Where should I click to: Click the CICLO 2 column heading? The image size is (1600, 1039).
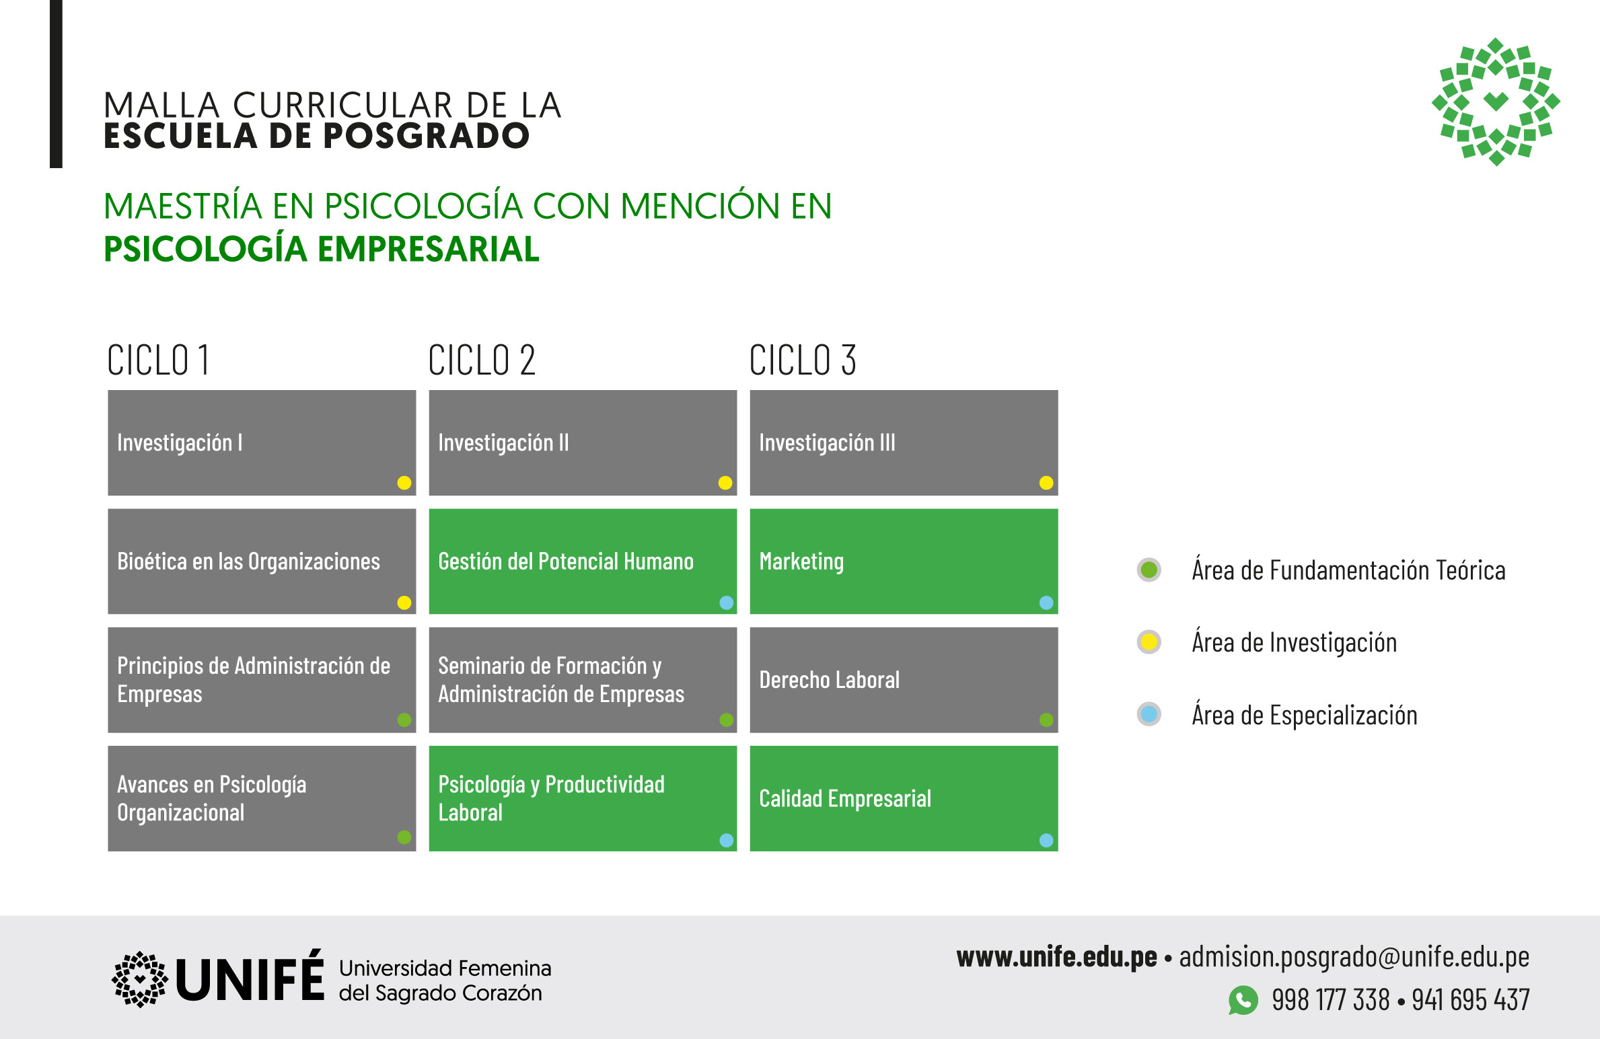(482, 360)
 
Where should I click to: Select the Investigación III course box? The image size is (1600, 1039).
(904, 442)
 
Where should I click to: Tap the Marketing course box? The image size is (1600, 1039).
(904, 561)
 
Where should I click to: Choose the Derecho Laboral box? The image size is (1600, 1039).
(904, 680)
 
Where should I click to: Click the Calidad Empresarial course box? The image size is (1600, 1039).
(904, 798)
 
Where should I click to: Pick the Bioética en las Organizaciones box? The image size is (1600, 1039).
(262, 561)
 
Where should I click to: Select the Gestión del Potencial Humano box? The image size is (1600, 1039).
(583, 561)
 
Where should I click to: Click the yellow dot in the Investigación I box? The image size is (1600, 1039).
(404, 482)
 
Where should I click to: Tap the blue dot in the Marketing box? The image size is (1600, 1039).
(1046, 602)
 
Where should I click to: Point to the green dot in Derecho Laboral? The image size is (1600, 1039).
(1046, 720)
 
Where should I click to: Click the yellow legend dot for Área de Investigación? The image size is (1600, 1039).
(1149, 642)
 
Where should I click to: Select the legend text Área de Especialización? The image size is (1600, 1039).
(1305, 715)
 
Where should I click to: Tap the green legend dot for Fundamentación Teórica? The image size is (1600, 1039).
(1149, 570)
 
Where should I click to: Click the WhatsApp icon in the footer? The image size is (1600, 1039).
(1243, 1000)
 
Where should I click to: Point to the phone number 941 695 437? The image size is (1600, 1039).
(1471, 1000)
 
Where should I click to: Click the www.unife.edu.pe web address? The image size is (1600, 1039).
(1057, 957)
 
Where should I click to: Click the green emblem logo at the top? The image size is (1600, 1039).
(1496, 102)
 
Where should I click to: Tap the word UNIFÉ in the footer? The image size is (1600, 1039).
(250, 976)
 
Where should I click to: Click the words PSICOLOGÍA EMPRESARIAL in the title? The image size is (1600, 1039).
(322, 249)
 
